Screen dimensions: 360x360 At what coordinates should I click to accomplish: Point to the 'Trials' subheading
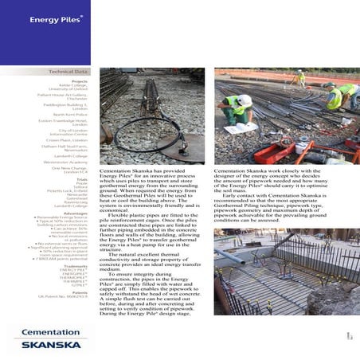pos(83,180)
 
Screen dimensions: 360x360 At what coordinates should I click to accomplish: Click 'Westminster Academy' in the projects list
pos(70,162)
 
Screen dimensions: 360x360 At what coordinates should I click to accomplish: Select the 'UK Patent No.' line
pos(71,297)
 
